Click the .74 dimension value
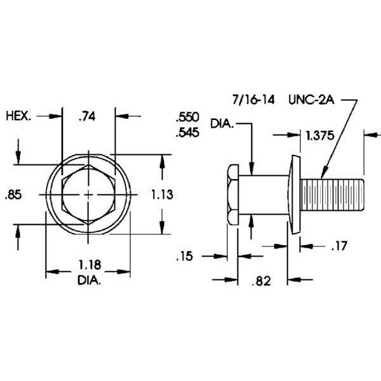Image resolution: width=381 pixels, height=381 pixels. tap(88, 117)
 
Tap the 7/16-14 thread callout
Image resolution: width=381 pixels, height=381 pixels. tap(251, 100)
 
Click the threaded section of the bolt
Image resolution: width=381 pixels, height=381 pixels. tap(333, 194)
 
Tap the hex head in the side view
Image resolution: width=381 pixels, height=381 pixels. tap(232, 194)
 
